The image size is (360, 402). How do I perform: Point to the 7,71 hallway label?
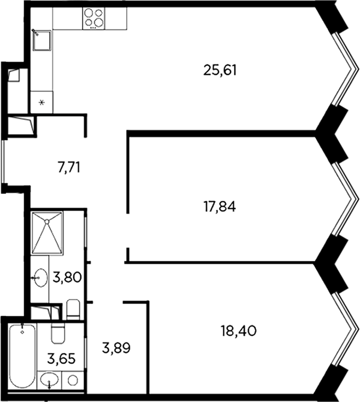69,167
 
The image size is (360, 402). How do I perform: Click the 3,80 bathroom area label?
68,277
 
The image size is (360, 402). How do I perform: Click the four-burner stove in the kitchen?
94,18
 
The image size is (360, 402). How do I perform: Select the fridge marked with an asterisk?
42,102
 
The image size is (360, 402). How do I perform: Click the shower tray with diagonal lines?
47,232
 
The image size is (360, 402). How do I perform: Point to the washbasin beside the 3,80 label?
39,278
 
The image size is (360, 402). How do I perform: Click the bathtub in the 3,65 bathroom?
22,356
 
